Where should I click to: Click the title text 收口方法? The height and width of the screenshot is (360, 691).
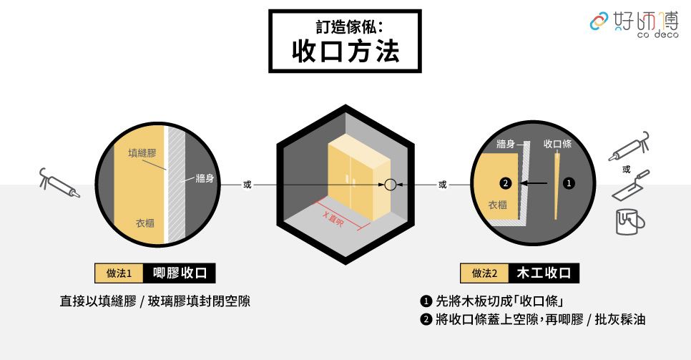click(x=345, y=52)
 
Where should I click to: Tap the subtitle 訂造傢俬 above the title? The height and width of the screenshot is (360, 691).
click(x=345, y=26)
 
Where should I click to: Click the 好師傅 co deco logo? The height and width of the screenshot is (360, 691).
click(x=634, y=24)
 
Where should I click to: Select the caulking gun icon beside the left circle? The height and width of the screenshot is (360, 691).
click(x=59, y=183)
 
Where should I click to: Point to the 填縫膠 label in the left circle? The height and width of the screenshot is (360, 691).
click(x=142, y=153)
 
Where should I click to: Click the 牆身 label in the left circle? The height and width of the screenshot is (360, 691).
click(x=205, y=178)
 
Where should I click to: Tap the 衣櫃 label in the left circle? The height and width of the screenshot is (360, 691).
click(x=145, y=223)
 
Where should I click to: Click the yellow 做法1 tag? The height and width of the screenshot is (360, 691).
click(x=119, y=273)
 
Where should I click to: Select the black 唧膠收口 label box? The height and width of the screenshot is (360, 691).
click(x=180, y=273)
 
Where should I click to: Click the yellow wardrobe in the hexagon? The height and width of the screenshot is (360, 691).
click(x=358, y=180)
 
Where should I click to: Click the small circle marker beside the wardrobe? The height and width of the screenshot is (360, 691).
click(x=390, y=185)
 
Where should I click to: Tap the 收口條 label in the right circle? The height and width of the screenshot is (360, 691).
click(x=557, y=144)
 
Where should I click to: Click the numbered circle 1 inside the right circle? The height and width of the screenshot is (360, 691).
click(x=569, y=183)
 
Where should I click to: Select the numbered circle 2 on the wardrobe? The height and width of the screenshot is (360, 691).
click(x=505, y=183)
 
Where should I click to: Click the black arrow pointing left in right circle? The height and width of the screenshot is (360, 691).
click(x=534, y=183)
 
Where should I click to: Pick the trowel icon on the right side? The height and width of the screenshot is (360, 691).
click(x=631, y=186)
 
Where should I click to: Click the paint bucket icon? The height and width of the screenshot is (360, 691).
click(x=629, y=221)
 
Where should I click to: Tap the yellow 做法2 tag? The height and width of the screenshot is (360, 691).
click(x=484, y=273)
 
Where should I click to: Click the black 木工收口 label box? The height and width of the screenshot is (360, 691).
click(x=544, y=273)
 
